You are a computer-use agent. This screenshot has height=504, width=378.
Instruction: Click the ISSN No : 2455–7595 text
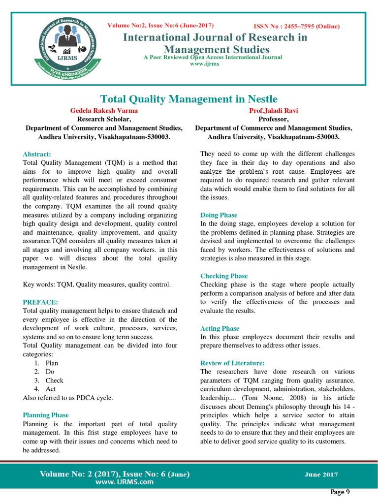point(296,27)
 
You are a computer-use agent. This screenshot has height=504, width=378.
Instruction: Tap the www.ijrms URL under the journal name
point(213,64)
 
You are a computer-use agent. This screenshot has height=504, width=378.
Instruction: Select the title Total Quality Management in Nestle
point(189,99)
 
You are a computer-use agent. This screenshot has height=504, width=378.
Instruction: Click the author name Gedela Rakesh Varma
point(104,111)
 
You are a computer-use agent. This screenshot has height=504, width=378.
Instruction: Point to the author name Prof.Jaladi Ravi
point(274,111)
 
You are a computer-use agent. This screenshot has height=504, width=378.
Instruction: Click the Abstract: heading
point(37,154)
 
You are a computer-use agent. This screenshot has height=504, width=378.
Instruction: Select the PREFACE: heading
point(40,302)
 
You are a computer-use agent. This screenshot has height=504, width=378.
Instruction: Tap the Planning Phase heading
point(46,415)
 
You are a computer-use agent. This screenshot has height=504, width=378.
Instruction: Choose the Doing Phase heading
point(219,215)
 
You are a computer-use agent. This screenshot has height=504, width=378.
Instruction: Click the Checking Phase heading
point(224,276)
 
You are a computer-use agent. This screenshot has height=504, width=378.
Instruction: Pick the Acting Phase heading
point(220,328)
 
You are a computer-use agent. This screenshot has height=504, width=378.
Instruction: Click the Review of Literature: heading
point(232,363)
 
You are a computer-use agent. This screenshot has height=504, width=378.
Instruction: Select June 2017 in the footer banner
point(321,474)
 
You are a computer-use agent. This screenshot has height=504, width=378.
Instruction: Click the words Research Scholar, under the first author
point(104,119)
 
